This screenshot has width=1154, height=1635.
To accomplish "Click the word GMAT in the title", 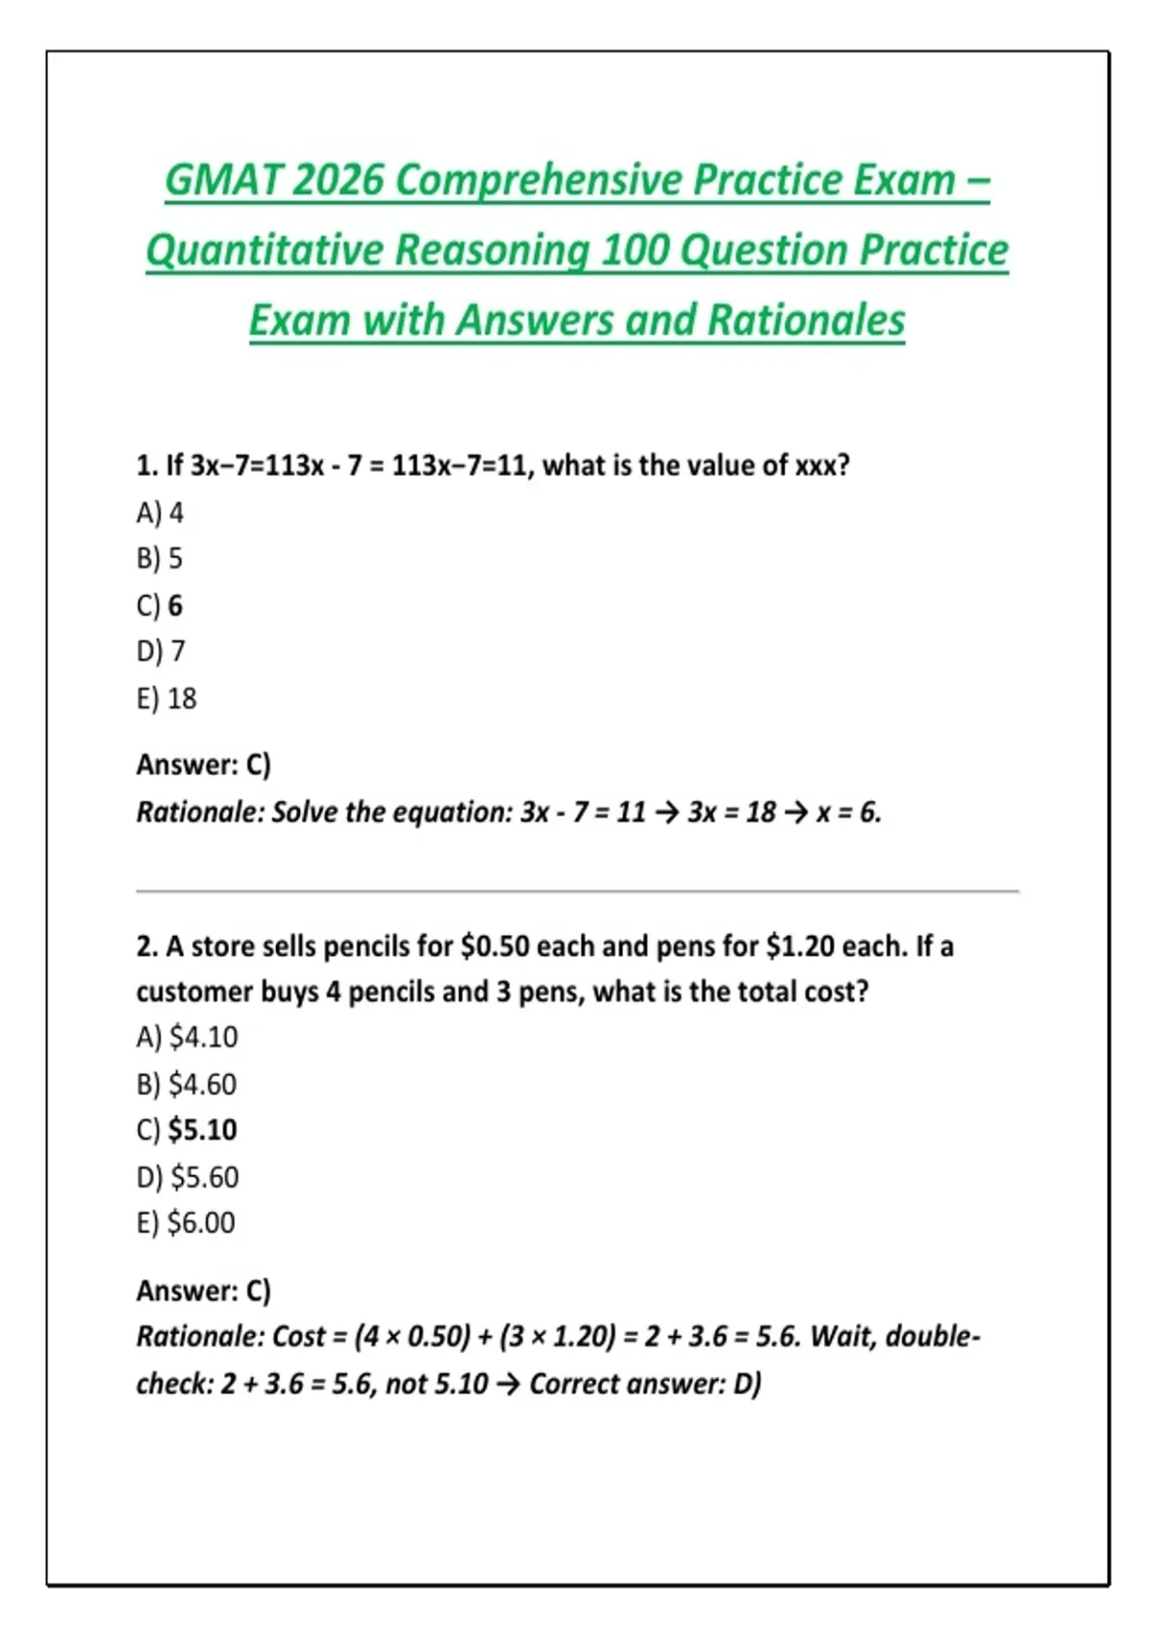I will click(x=222, y=181).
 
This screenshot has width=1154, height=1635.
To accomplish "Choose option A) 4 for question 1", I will click(x=160, y=513).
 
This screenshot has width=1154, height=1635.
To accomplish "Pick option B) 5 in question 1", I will click(x=160, y=559).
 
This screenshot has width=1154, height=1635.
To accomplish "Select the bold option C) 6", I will click(x=160, y=606).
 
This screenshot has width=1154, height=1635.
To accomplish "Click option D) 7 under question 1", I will click(x=161, y=652).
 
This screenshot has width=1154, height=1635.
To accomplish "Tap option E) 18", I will click(x=166, y=698).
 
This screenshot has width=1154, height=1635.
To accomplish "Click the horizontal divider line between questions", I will click(x=577, y=892).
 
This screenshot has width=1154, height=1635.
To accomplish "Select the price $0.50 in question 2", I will click(x=495, y=946).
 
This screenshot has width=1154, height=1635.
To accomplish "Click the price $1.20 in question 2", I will click(x=800, y=946).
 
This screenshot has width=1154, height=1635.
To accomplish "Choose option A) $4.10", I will click(x=188, y=1038).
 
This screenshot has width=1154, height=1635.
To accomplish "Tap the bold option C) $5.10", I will click(x=188, y=1130).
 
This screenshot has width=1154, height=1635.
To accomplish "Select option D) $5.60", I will click(x=188, y=1177).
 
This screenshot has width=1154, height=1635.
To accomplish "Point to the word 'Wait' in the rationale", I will click(x=841, y=1337).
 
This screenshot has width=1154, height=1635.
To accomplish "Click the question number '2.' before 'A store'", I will click(x=146, y=947).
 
